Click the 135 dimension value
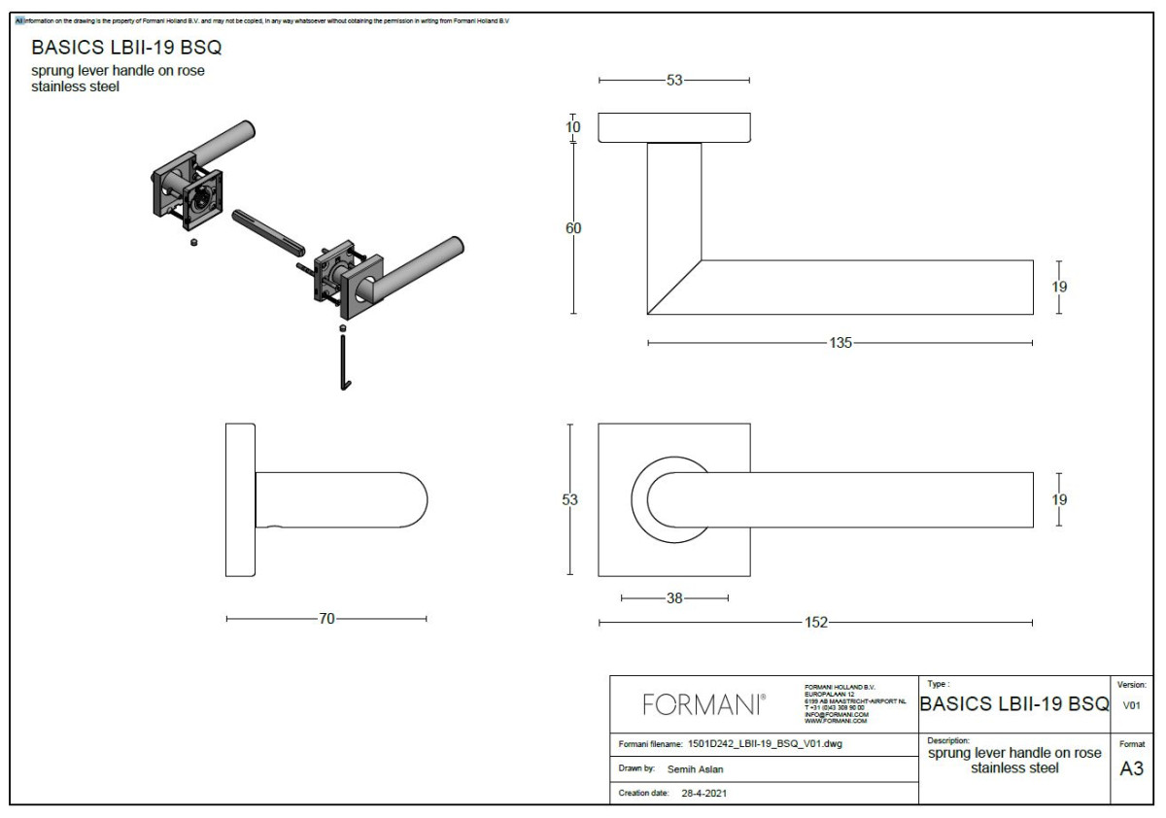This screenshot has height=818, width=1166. coord(840,343)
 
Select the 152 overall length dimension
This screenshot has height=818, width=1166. coord(816,623)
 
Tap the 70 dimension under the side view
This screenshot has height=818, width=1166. coord(326,618)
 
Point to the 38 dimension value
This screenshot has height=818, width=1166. coord(674,598)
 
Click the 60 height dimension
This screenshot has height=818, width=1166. coord(573,228)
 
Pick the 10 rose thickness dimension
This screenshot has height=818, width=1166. coord(573,128)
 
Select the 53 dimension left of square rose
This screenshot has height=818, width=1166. coord(570,499)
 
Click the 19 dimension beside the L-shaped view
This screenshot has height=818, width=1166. coord(1059,287)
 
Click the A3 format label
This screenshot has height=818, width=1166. coord(1131,768)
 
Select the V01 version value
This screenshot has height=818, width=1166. coord(1131,706)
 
